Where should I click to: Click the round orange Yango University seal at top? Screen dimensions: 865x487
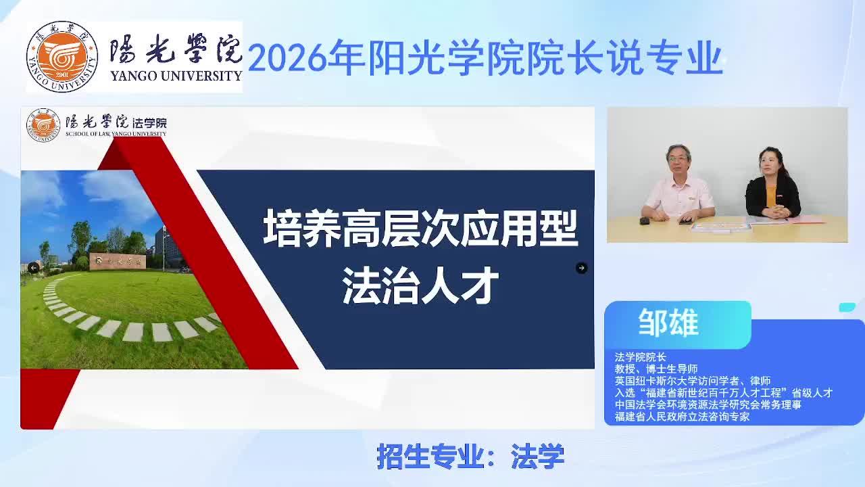61,57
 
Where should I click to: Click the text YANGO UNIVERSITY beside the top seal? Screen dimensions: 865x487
176,76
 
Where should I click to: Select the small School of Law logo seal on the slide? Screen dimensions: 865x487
43,125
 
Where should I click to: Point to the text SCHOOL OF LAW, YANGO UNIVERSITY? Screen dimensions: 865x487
116,134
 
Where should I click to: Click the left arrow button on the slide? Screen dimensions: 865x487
34,267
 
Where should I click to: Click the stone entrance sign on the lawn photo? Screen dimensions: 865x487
118,261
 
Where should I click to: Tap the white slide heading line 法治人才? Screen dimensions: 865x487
420,286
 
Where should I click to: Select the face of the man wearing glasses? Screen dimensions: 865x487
678,159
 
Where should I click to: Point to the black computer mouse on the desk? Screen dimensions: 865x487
644,221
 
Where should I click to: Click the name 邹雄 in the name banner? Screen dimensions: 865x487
668,323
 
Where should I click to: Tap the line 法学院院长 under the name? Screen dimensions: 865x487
641,356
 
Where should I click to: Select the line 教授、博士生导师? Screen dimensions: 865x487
656,369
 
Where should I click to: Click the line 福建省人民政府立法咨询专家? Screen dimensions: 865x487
682,417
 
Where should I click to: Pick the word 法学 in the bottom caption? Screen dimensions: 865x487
537,457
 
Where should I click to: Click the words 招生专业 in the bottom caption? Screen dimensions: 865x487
430,457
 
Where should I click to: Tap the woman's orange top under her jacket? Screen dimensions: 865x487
771,196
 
